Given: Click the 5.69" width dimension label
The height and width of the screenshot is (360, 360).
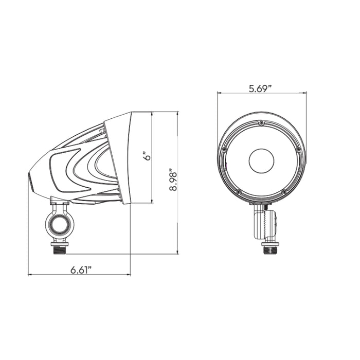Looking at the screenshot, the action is [260, 88].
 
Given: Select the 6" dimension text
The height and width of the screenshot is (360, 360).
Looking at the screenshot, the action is [148, 156].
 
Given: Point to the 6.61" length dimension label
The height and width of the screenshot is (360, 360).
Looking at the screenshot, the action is [81, 270].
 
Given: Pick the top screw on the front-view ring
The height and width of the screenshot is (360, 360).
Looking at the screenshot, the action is [261, 123].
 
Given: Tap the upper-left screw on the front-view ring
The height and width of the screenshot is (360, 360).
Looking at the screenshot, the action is [224, 149].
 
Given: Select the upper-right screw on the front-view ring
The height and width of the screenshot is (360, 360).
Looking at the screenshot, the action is [298, 149].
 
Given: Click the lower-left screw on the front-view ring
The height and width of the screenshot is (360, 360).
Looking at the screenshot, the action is [238, 191].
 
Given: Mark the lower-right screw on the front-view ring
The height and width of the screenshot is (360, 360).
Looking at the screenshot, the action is [284, 191].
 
